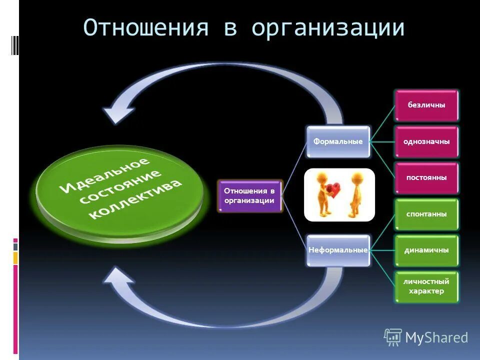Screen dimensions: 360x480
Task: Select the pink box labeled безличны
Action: tap(426, 105)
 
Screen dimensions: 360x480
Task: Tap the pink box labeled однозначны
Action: tap(426, 141)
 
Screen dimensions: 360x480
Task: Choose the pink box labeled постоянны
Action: tap(426, 177)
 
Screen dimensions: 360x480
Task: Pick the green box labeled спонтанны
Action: tap(426, 214)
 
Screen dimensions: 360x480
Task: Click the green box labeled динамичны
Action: tap(426, 250)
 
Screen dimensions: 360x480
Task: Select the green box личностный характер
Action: tap(426, 286)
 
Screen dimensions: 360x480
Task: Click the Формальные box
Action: tap(338, 141)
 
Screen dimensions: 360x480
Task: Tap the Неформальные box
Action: tap(338, 249)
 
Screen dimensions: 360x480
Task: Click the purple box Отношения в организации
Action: tap(249, 195)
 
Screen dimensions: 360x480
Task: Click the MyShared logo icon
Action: tap(393, 337)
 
